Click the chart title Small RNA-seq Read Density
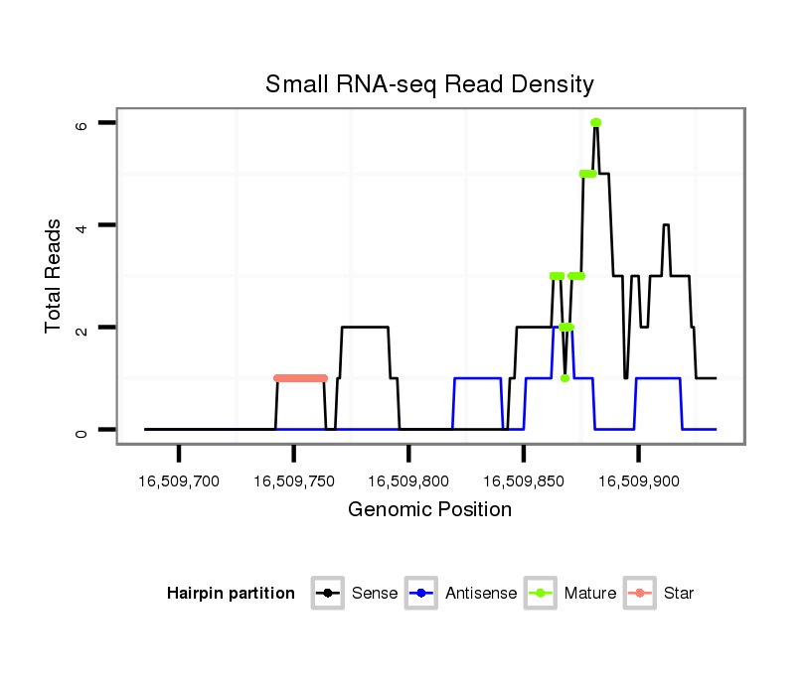coord(429,84)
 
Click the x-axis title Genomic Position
coord(429,510)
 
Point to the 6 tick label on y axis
coord(82,123)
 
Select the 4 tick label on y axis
coord(82,225)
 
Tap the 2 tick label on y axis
coord(82,328)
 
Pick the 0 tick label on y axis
coord(82,430)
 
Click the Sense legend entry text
coord(375,594)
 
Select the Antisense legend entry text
coord(481,594)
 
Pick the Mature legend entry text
coord(590,594)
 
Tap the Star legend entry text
coord(678,594)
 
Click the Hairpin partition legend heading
coord(231,594)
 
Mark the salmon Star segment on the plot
coord(300,378)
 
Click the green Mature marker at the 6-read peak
coord(595,122)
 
